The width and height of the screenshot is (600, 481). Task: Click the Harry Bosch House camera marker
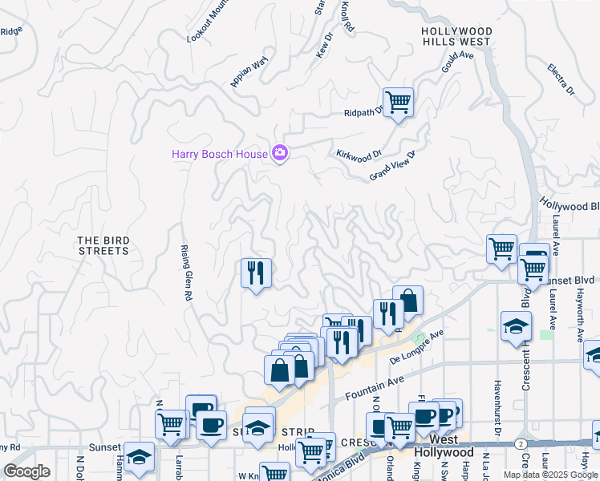[280, 152]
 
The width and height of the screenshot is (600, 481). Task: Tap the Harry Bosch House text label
[220, 153]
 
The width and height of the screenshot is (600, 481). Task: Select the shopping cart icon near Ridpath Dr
[398, 103]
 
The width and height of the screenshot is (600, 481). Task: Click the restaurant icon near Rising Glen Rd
[257, 274]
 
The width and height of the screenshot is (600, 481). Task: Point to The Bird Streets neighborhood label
[103, 245]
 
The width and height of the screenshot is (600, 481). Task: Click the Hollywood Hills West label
[457, 36]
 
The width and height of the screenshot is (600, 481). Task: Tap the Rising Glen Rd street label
[185, 273]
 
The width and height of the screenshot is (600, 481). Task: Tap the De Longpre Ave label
[418, 344]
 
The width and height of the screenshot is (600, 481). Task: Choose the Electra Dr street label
[561, 79]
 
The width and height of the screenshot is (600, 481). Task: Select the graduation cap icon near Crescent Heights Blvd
[515, 325]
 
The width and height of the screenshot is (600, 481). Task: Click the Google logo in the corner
[26, 471]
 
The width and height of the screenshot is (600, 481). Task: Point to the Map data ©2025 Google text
[550, 475]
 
